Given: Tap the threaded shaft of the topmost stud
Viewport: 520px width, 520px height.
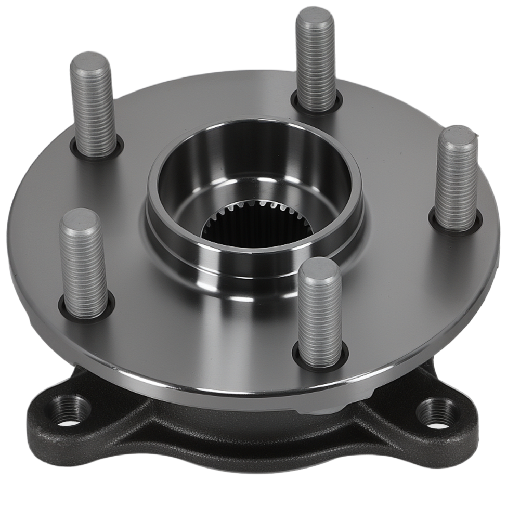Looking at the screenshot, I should pos(316,68).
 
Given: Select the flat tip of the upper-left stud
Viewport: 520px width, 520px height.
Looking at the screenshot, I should pos(90,63).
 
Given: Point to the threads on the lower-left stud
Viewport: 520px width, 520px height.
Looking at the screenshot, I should pos(84,270).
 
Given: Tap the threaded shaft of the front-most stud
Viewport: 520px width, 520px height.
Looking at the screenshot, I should pos(320,317).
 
